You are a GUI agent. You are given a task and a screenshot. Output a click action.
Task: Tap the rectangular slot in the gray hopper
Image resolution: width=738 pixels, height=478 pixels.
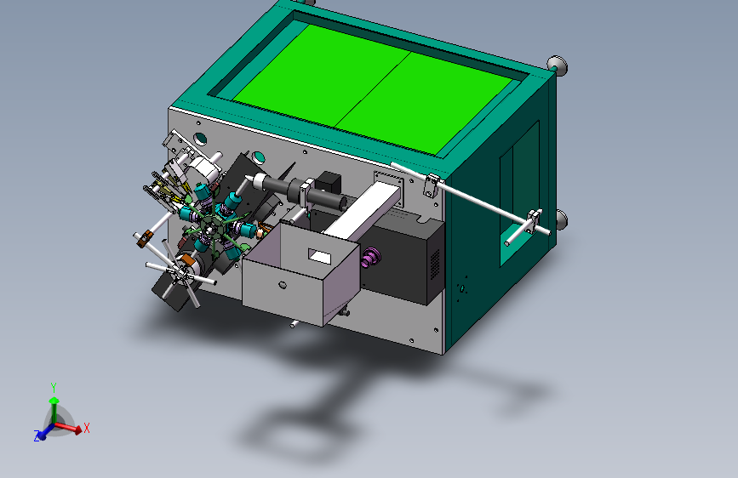tap(321, 254)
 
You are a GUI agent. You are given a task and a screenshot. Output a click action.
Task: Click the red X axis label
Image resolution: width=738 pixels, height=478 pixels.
tap(87, 428)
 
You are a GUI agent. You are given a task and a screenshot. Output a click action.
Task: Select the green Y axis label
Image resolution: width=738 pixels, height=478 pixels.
tap(54, 387)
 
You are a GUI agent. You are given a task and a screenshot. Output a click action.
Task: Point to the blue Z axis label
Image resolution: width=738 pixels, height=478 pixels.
tap(37, 436)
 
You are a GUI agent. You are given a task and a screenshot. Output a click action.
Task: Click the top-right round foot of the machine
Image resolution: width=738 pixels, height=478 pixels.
tap(557, 64)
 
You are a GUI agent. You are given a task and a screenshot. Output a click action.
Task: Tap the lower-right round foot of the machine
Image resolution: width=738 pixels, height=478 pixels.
tap(561, 220)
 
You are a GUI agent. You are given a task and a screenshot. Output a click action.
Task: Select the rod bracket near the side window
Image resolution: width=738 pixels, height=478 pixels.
tap(534, 223)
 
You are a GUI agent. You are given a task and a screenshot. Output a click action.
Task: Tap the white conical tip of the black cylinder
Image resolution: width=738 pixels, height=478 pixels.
tap(249, 180)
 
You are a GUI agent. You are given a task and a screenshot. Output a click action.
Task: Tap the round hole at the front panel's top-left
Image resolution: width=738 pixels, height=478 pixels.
tap(200, 137)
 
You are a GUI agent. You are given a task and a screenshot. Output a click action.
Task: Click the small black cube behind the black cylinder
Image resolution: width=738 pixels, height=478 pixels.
tap(328, 183)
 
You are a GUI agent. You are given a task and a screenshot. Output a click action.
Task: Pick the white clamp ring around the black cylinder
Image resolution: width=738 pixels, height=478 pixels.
tap(303, 193)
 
